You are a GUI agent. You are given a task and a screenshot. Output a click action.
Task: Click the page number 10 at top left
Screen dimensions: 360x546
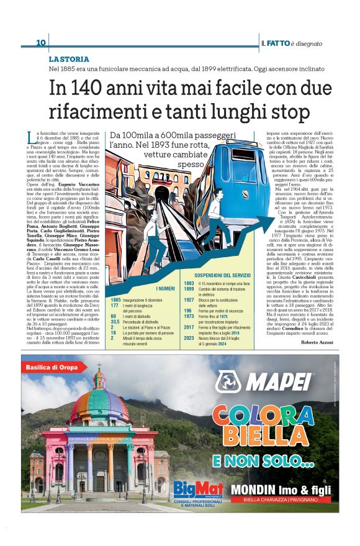point(41,43)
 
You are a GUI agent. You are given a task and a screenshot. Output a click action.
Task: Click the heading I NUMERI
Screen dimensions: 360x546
point(165,288)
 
